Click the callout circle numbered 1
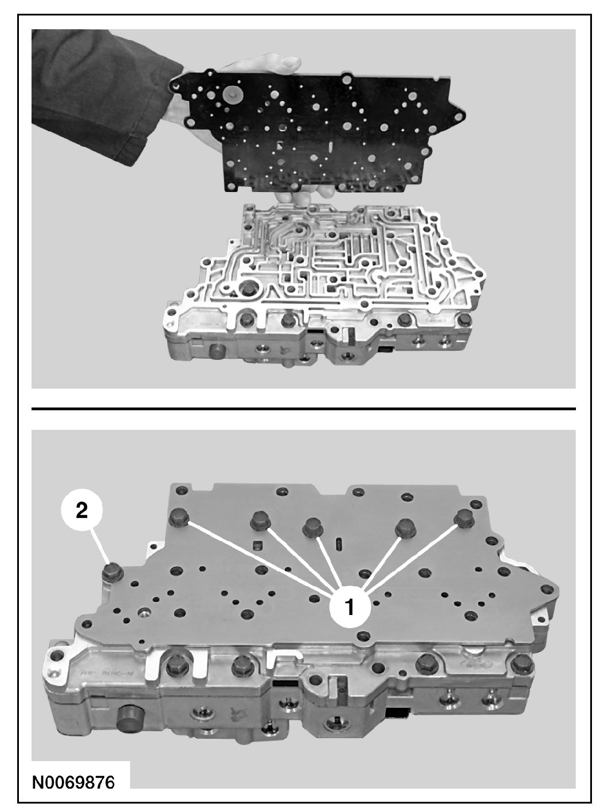[350, 608]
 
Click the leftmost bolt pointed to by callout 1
[179, 518]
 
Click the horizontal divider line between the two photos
[304, 409]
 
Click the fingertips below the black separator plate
[305, 193]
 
